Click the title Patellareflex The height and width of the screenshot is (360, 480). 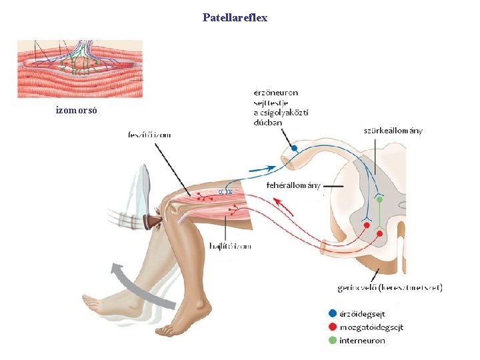coord(235,18)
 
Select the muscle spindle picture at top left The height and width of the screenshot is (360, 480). coord(80,69)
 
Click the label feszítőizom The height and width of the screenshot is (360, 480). coord(149,135)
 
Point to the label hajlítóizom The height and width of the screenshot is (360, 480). coord(230,246)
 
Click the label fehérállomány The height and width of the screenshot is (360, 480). coord(294,185)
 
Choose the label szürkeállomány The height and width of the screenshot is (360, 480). coord(393,131)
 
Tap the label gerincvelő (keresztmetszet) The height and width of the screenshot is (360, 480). coord(391,288)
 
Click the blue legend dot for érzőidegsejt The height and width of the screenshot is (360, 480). coord(332,313)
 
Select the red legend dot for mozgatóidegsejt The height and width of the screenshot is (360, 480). coord(332,327)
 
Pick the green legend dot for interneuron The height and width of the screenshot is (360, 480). coord(332,340)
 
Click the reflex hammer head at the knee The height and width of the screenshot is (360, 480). coord(155,220)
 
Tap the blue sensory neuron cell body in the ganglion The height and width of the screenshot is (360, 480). coord(294,149)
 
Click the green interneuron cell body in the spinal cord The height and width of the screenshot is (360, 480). coord(379,199)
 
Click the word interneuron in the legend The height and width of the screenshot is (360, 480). coord(362,340)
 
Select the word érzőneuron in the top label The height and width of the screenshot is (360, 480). coord(275,93)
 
